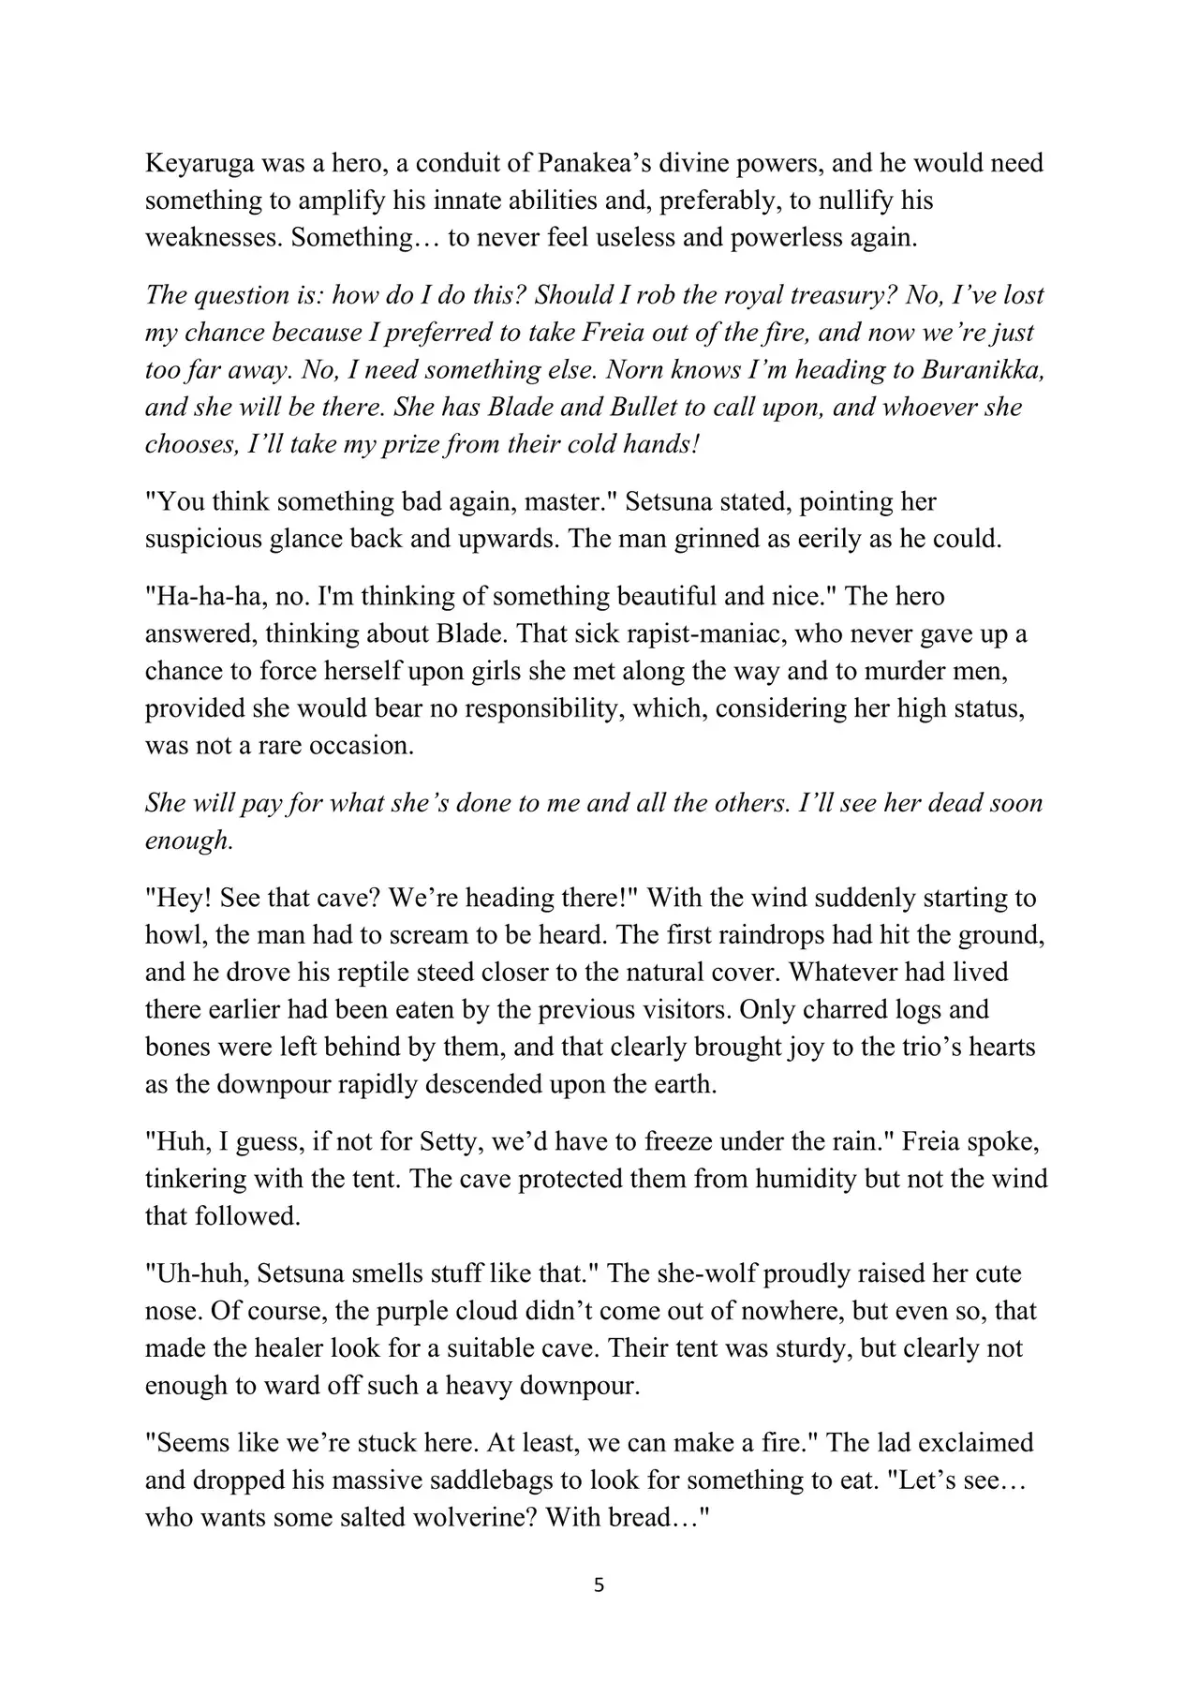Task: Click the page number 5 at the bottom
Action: (599, 1586)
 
